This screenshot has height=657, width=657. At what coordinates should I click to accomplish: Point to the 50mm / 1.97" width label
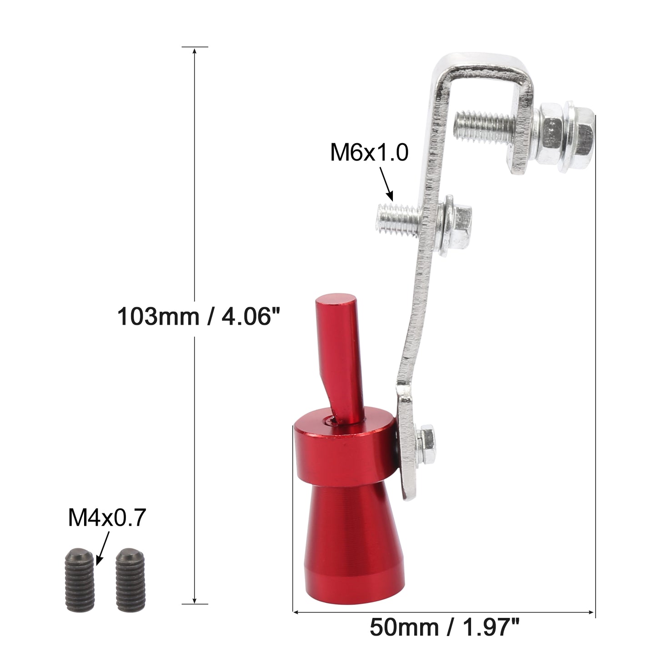pyautogui.click(x=445, y=628)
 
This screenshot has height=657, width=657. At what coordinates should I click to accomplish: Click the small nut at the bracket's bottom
pyautogui.click(x=426, y=444)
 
